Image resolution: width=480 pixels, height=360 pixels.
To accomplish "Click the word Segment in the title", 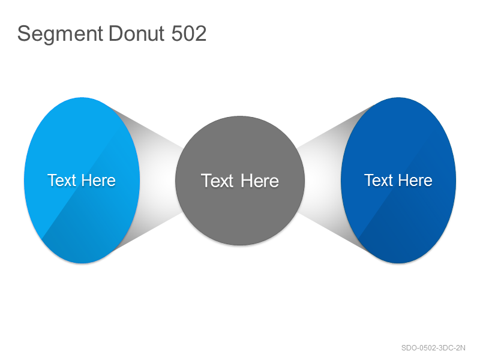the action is point(60,34).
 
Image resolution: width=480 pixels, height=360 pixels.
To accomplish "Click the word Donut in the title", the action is point(136,33).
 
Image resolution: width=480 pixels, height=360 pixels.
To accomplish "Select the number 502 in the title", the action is point(189,33).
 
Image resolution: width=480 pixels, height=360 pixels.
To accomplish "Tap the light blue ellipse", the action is point(82,181).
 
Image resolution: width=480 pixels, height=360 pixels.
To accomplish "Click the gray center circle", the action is point(240,181).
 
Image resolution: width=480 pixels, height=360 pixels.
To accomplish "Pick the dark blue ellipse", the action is point(398,181).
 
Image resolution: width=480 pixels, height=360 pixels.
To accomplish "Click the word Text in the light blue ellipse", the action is point(62,180).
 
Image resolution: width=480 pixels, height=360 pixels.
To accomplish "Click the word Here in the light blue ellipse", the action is point(98,180).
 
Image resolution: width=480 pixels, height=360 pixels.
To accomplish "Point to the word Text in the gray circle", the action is point(217,181).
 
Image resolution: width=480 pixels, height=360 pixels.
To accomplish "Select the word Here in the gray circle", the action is point(260,181).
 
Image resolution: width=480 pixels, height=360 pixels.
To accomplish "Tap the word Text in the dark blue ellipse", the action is point(379,180).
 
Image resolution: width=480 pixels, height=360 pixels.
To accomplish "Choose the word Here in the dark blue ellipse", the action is point(415,180).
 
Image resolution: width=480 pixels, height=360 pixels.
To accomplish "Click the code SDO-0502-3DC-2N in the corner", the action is point(433,348).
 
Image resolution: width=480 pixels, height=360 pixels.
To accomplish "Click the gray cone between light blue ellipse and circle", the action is point(159,181).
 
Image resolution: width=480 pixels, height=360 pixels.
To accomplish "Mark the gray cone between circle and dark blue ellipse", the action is point(322,181).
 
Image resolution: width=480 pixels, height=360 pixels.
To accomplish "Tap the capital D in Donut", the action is point(116,33).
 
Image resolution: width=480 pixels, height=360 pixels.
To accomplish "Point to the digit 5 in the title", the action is point(177,33).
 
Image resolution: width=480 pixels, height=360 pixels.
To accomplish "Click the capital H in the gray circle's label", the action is point(247,181).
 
